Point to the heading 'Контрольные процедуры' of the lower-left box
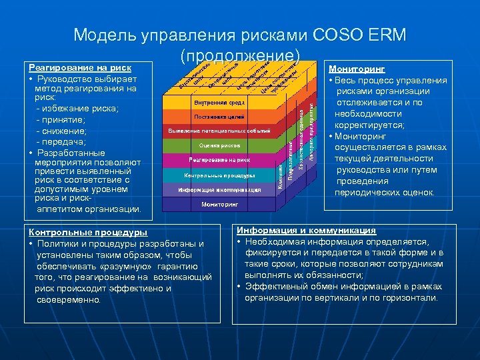88,232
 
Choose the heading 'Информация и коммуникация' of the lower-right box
306,230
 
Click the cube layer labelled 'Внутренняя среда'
220,103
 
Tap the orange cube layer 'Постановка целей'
219,117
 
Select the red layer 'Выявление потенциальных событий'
219,131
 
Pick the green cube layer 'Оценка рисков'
219,145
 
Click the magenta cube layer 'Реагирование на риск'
219,160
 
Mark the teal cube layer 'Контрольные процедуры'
219,175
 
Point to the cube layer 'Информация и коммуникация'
219,190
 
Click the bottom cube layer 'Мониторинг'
219,205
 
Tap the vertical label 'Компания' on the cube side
281,177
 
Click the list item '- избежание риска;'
78,108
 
